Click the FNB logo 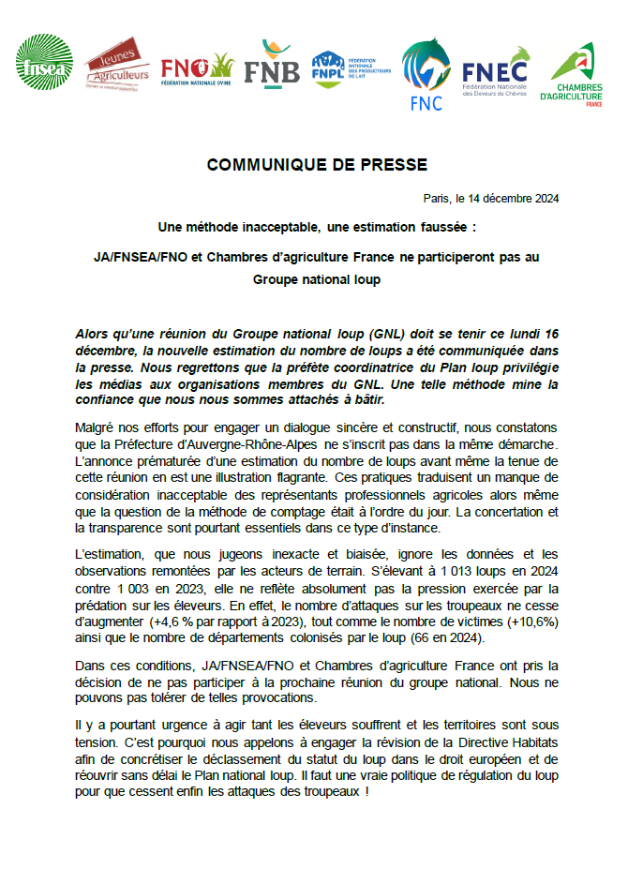tap(272, 64)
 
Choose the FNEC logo tap(494, 70)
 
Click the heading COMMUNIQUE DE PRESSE tap(317, 165)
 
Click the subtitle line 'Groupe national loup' tap(317, 279)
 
